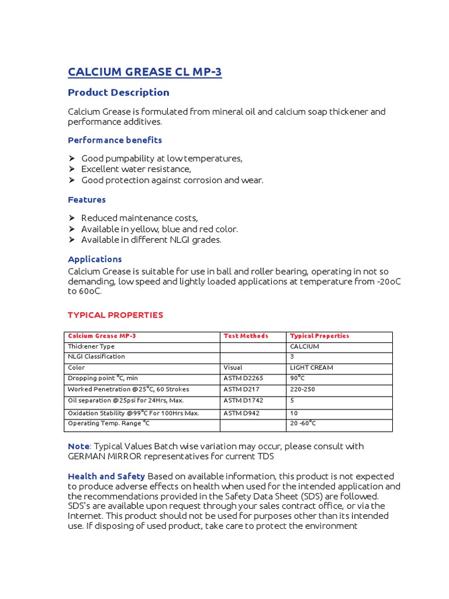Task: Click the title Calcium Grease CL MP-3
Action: tap(145, 72)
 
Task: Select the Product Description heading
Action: tap(119, 92)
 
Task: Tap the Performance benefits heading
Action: tap(115, 140)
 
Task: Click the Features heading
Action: tap(87, 200)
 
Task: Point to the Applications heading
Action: tap(95, 259)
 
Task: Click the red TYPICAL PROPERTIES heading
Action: tap(115, 315)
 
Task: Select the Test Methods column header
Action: tap(246, 336)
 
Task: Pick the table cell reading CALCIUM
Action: tap(305, 347)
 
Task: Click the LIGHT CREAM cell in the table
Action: tap(312, 368)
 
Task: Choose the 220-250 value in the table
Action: tap(303, 390)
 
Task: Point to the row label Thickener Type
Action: tap(91, 347)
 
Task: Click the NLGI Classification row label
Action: tap(96, 357)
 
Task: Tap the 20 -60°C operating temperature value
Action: tap(303, 424)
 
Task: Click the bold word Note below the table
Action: tap(79, 446)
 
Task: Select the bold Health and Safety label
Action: tap(106, 477)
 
